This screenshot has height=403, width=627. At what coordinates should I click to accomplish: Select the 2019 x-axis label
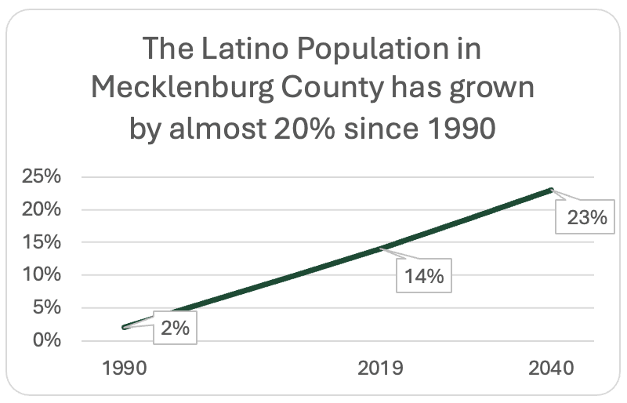[380, 368]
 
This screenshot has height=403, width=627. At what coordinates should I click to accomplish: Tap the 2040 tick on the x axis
[550, 368]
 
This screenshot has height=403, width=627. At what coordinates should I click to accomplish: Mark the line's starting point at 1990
[125, 327]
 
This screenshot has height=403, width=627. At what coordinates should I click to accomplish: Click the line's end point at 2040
[551, 190]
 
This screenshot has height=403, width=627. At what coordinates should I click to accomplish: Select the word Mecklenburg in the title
[189, 87]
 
